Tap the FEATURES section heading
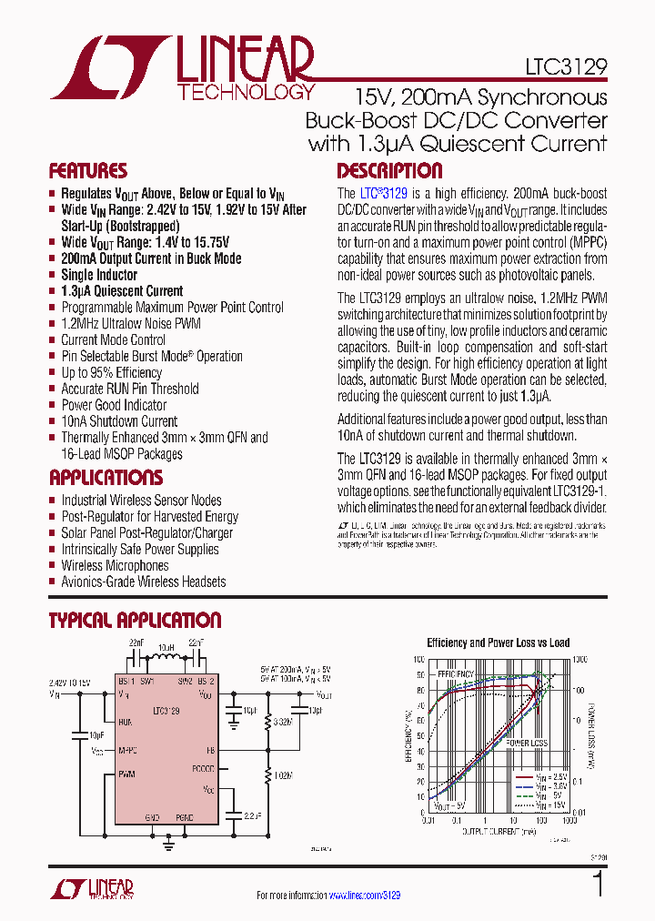pyautogui.click(x=87, y=171)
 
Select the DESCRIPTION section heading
pyautogui.click(x=389, y=171)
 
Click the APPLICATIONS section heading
pyautogui.click(x=106, y=478)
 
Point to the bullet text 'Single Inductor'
pyautogui.click(x=99, y=275)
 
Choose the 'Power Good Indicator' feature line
pyautogui.click(x=114, y=405)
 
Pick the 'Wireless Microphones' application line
pyautogui.click(x=115, y=565)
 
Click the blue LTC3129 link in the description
pyautogui.click(x=383, y=194)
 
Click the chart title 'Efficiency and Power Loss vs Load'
pyautogui.click(x=498, y=643)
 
